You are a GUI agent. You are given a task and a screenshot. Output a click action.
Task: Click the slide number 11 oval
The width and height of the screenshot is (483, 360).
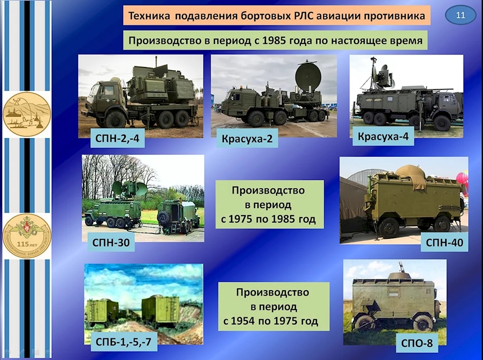coord(460,15)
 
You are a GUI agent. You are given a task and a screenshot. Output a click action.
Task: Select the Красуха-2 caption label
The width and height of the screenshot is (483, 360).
coord(247,138)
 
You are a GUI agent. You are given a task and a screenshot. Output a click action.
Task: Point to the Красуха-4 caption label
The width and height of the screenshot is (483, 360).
coord(383,136)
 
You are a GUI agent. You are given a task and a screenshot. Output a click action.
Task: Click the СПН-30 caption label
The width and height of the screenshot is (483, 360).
coord(111,243)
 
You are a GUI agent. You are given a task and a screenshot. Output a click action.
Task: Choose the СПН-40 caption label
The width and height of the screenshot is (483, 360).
coord(444,243)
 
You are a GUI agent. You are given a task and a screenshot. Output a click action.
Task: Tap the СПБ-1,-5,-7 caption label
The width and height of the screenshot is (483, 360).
coord(124,342)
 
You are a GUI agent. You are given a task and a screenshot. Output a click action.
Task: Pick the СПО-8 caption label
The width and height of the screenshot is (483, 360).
coord(417,343)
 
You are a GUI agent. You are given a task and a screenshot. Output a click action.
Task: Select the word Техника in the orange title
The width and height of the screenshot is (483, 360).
coord(149,16)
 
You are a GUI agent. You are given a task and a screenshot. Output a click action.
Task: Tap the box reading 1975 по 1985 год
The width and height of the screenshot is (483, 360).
coord(270,205)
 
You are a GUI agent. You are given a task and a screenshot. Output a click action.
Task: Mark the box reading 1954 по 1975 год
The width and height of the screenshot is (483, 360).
coord(274,307)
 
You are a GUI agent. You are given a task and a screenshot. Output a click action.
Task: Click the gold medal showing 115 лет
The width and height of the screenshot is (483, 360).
coord(27,236)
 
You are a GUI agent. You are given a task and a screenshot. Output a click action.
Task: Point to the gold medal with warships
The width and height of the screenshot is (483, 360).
coord(27,113)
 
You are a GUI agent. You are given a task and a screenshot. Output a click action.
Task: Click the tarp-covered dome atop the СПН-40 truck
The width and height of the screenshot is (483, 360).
coord(411,176)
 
